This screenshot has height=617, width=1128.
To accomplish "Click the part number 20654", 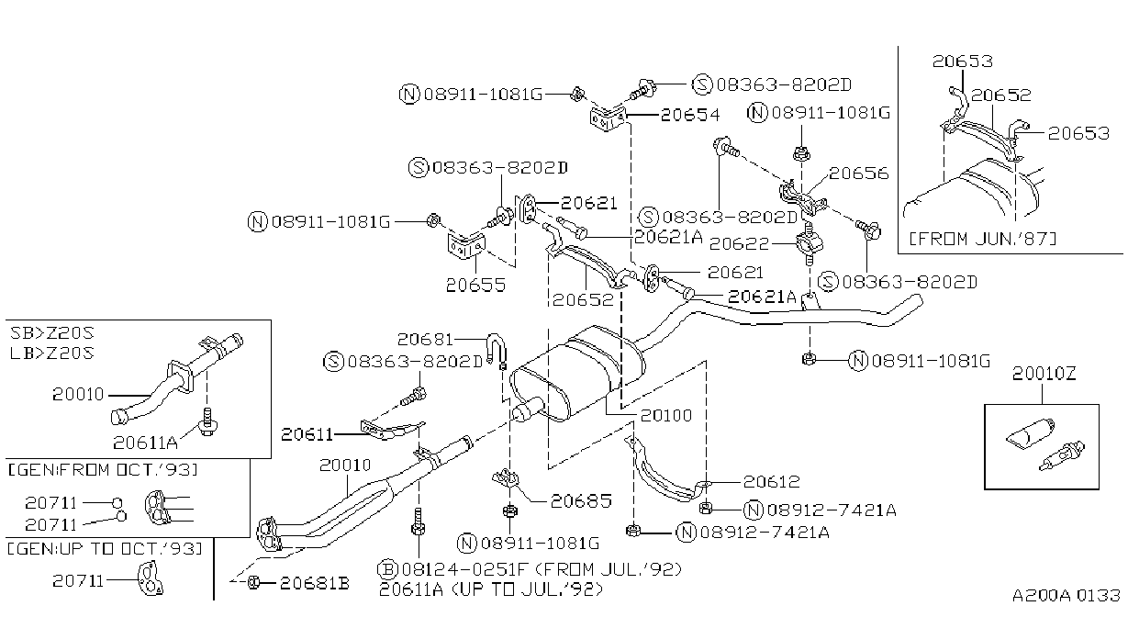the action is coord(690,115).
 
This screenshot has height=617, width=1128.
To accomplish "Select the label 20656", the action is coord(858,174).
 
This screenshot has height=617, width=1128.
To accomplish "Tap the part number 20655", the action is coord(475,285).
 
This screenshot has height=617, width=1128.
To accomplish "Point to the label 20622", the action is coord(739,244).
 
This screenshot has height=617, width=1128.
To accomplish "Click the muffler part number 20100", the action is coord(665,416).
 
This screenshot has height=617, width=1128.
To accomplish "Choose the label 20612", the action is coord(772,482).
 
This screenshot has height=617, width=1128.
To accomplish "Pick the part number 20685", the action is coord(581,501).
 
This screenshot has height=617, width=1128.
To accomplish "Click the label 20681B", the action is coord(314,583).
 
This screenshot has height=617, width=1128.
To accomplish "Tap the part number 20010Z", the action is coord(1044,374).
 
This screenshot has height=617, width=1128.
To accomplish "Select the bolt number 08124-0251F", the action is coord(464,569).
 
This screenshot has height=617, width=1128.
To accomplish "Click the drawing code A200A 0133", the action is coord(1067,596).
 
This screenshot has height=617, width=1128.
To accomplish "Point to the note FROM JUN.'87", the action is coord(982,239).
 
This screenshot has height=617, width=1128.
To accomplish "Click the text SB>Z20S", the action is coord(52,333).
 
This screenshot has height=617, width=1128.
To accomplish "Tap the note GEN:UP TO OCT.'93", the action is coord(105,549).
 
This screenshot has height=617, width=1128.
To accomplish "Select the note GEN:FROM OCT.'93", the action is coord(103,470).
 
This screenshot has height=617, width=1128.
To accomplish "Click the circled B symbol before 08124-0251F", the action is coord(388,569).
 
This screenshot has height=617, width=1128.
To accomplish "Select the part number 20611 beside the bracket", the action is coord(307,434).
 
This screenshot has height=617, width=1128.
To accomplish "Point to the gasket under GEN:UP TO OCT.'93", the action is coord(151,578).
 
